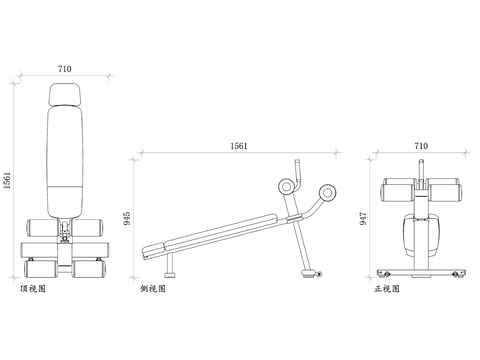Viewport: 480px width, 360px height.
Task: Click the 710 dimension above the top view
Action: tap(64, 68)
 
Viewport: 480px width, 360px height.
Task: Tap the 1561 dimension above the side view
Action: tap(239, 146)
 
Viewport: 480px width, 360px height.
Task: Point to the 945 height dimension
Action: tap(128, 218)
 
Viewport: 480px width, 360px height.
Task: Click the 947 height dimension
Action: tap(364, 218)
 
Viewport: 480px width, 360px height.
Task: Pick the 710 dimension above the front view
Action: tap(420, 146)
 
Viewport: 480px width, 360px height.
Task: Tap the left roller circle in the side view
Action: tap(286, 185)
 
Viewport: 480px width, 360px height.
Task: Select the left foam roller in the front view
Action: tap(397, 191)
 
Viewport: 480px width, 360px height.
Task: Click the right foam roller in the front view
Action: tap(444, 191)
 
